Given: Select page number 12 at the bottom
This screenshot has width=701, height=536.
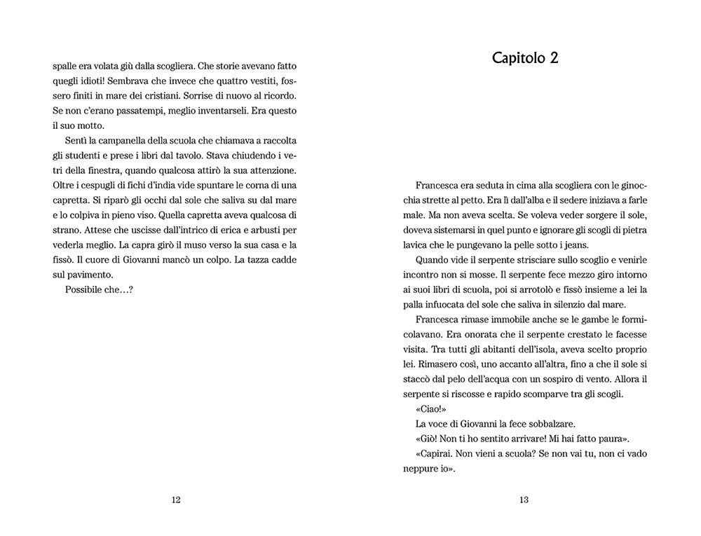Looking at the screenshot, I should (176, 500).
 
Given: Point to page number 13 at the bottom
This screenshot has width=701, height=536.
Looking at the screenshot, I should (524, 500).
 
